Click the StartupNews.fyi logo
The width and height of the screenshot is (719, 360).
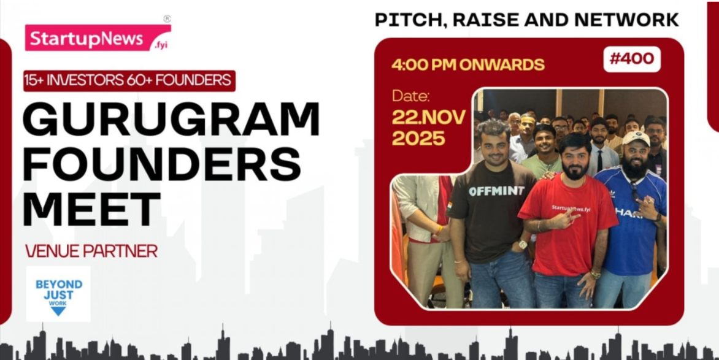tap(98, 37)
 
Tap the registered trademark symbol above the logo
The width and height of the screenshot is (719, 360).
tap(167, 19)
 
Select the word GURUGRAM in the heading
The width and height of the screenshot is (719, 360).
tap(171, 118)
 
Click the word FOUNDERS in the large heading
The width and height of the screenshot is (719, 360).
tap(161, 163)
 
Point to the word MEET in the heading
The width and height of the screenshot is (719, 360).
tap(91, 209)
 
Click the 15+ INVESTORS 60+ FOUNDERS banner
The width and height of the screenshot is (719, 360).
tap(129, 81)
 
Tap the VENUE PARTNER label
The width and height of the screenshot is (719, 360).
tap(91, 251)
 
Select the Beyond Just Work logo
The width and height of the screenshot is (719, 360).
tap(58, 294)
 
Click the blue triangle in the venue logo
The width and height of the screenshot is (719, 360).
tap(58, 312)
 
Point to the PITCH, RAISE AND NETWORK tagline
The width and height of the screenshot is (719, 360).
tap(526, 20)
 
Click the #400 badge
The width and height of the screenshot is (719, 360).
tap(632, 59)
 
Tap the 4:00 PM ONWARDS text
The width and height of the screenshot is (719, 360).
tap(467, 64)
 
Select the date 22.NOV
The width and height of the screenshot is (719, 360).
tap(429, 117)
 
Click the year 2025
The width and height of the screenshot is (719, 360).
tap(418, 138)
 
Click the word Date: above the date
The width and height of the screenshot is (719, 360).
tap(411, 96)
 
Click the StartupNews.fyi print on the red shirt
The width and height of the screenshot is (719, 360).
tap(571, 208)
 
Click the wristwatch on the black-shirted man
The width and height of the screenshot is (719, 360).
tap(523, 245)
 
